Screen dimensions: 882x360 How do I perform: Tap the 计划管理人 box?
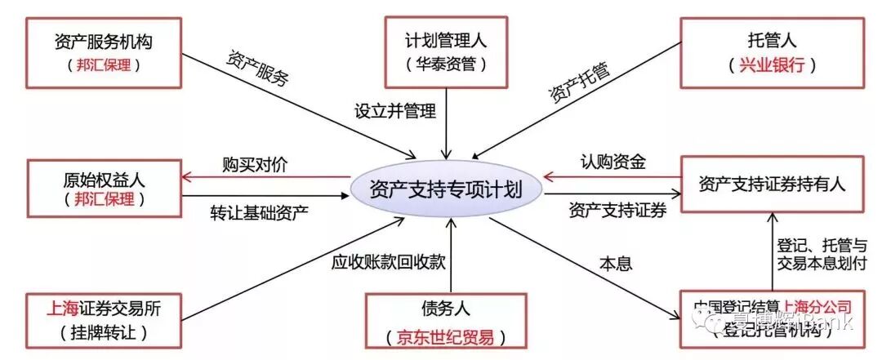coord(446,50)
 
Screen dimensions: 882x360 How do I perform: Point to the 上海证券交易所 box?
coord(104,320)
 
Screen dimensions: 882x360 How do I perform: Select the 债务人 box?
coord(446,322)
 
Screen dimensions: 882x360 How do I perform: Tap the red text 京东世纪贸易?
coord(446,336)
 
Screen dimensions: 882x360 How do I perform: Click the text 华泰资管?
coord(445,63)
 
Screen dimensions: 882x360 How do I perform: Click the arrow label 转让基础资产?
coord(259,214)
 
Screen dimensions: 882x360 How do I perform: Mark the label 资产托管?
coord(578,84)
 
